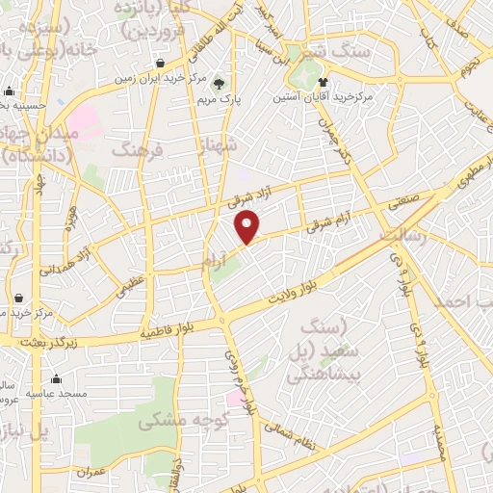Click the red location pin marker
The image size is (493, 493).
[248, 226]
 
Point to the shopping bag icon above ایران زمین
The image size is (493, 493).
[160, 64]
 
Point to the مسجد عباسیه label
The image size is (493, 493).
[59, 394]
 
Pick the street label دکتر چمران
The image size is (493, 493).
[340, 142]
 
